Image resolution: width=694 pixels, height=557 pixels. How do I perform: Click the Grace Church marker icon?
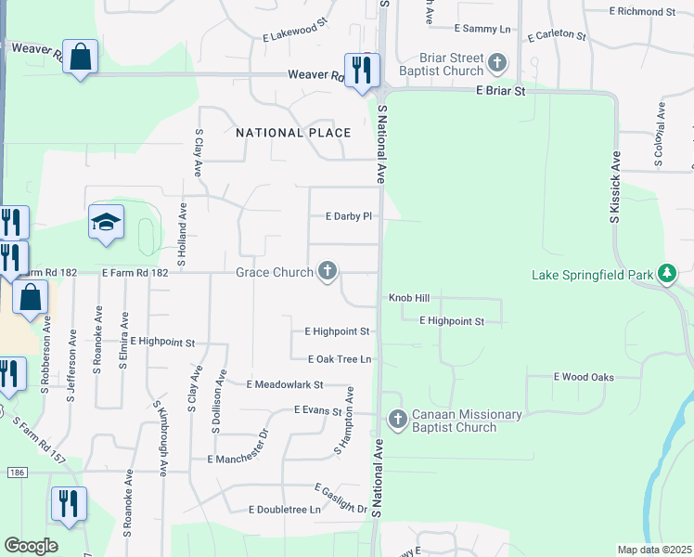point(327,272)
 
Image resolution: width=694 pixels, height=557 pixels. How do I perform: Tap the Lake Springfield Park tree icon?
point(665,274)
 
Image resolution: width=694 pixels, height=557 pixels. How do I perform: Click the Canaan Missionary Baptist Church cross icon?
point(397,420)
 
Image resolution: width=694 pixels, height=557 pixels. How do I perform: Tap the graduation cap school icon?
point(106,223)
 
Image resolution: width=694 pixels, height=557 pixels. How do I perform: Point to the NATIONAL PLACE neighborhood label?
point(293,133)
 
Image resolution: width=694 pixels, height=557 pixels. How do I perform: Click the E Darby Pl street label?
point(348,216)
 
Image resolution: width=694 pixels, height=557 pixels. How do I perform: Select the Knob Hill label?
point(407,298)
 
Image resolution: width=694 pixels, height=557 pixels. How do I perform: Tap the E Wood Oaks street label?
point(584,377)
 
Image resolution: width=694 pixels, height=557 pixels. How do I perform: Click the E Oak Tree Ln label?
point(340,358)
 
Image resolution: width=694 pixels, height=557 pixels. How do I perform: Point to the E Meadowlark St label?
point(284,384)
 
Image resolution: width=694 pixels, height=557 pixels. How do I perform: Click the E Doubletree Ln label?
point(284,510)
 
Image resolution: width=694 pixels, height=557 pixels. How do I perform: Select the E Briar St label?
point(500,91)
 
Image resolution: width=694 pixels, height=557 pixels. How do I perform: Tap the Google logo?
point(31,546)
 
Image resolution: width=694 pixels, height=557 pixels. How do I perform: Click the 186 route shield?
point(9,473)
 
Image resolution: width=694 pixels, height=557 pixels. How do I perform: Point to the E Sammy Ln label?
point(483,30)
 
